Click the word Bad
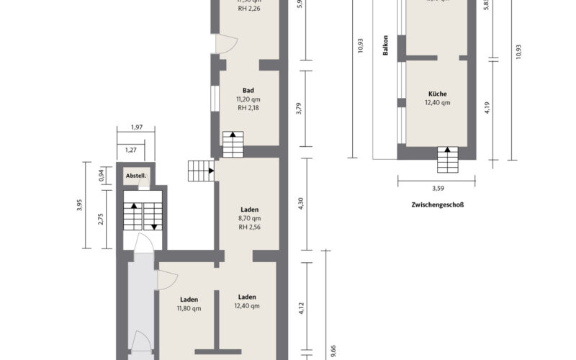(248, 90)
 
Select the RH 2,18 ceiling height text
(248, 109)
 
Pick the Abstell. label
(136, 176)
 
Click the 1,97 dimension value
(136, 127)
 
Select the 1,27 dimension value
(130, 150)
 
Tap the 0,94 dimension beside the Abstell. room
(101, 174)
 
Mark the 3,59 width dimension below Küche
(436, 189)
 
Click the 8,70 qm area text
(249, 218)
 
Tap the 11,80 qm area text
(189, 308)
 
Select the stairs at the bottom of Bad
(233, 144)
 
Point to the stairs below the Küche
(447, 159)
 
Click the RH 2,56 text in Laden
(249, 228)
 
